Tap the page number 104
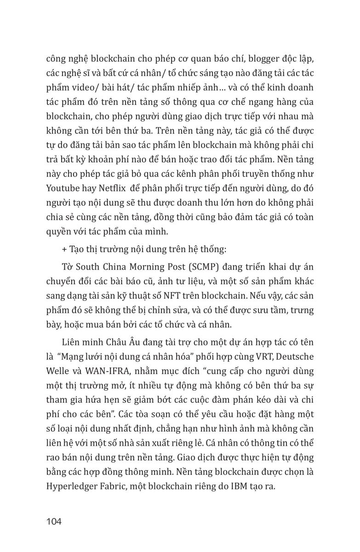[x=54, y=521]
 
